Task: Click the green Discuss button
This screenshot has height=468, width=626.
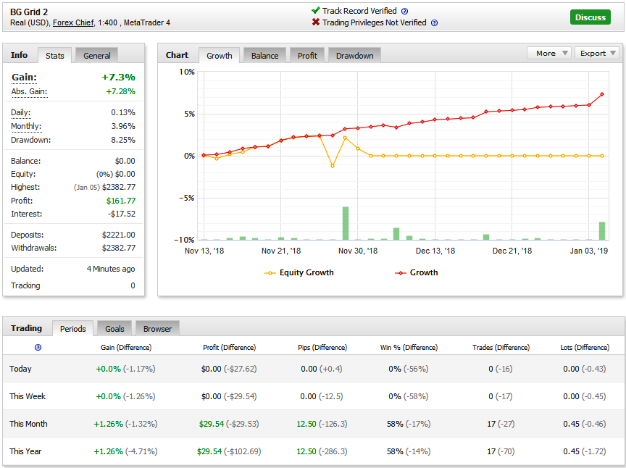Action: (590, 17)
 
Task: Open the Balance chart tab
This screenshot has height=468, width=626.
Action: (264, 56)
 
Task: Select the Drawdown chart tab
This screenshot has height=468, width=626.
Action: (354, 56)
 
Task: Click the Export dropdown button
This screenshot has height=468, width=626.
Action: (597, 53)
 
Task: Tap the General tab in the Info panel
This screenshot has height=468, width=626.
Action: (96, 56)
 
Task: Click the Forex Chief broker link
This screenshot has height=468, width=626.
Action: (73, 22)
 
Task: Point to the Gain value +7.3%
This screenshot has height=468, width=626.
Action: (119, 77)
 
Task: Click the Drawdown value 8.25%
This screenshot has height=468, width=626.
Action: (123, 140)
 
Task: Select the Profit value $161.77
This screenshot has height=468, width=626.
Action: (121, 201)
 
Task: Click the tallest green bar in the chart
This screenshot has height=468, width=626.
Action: (346, 223)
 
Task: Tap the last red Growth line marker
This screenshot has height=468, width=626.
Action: (601, 94)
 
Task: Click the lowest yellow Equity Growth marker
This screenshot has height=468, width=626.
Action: (333, 166)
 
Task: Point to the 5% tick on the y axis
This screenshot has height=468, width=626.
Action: (189, 114)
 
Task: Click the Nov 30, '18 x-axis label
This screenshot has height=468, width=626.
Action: (358, 251)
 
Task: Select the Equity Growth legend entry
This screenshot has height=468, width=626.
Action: (299, 272)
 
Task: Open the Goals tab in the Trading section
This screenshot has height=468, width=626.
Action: (114, 329)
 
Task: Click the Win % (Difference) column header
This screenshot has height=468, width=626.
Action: (409, 348)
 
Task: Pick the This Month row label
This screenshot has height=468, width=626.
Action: (28, 424)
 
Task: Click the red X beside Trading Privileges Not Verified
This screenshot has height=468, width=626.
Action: (316, 22)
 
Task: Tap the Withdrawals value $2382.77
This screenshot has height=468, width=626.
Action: (119, 248)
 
